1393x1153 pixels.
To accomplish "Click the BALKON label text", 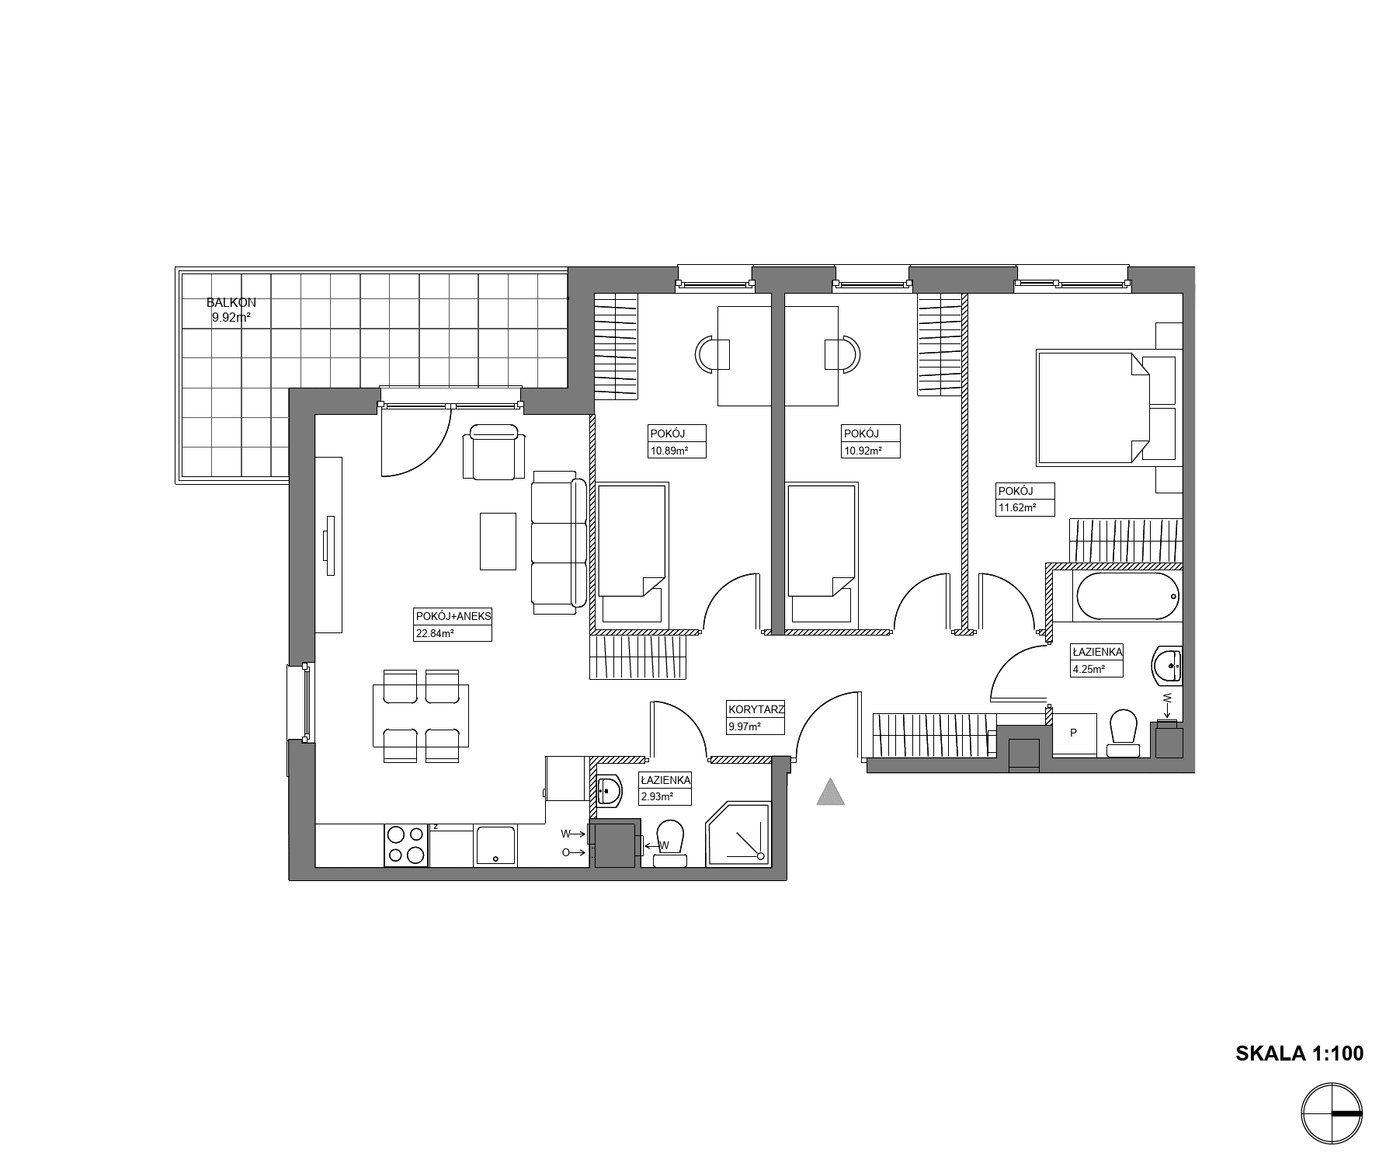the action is tap(231, 302).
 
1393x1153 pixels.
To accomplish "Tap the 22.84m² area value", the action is tap(435, 633).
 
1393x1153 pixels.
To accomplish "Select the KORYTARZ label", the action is tap(756, 709).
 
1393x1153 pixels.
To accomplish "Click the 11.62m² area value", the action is tap(1016, 508).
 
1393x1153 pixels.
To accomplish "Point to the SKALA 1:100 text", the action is tap(1299, 1053).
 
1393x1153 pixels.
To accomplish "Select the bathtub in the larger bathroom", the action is tap(1128, 597).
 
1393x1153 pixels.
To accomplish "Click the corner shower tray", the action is tap(738, 834).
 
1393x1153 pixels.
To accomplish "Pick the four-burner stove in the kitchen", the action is tap(407, 845).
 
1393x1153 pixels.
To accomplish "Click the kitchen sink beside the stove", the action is tap(495, 845).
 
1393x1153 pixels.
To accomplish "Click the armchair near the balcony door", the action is tap(494, 452).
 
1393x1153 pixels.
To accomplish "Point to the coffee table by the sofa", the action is tap(498, 541).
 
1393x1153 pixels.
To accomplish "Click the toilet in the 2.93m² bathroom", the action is tap(669, 843).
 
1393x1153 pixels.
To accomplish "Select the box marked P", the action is tap(1074, 733).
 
